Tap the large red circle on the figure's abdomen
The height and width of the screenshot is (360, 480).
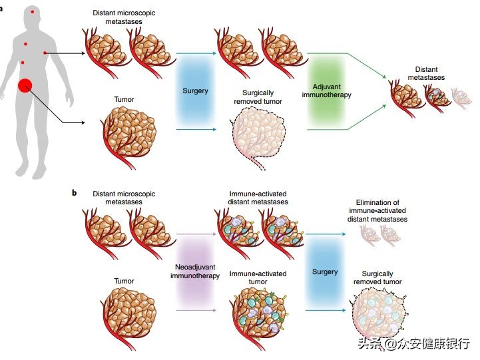[x=25, y=86]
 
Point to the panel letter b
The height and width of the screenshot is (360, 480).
[x=74, y=193]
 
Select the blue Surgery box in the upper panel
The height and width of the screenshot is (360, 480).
[x=195, y=91]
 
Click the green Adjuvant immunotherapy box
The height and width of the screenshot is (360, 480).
[x=331, y=91]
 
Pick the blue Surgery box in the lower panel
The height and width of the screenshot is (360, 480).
[x=325, y=271]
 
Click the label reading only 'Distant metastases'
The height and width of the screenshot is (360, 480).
[x=426, y=73]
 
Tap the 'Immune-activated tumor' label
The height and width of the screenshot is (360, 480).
[x=258, y=277]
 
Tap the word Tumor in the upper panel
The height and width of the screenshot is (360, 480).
[x=124, y=100]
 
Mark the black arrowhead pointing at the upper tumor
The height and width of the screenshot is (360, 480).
[x=85, y=123]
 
